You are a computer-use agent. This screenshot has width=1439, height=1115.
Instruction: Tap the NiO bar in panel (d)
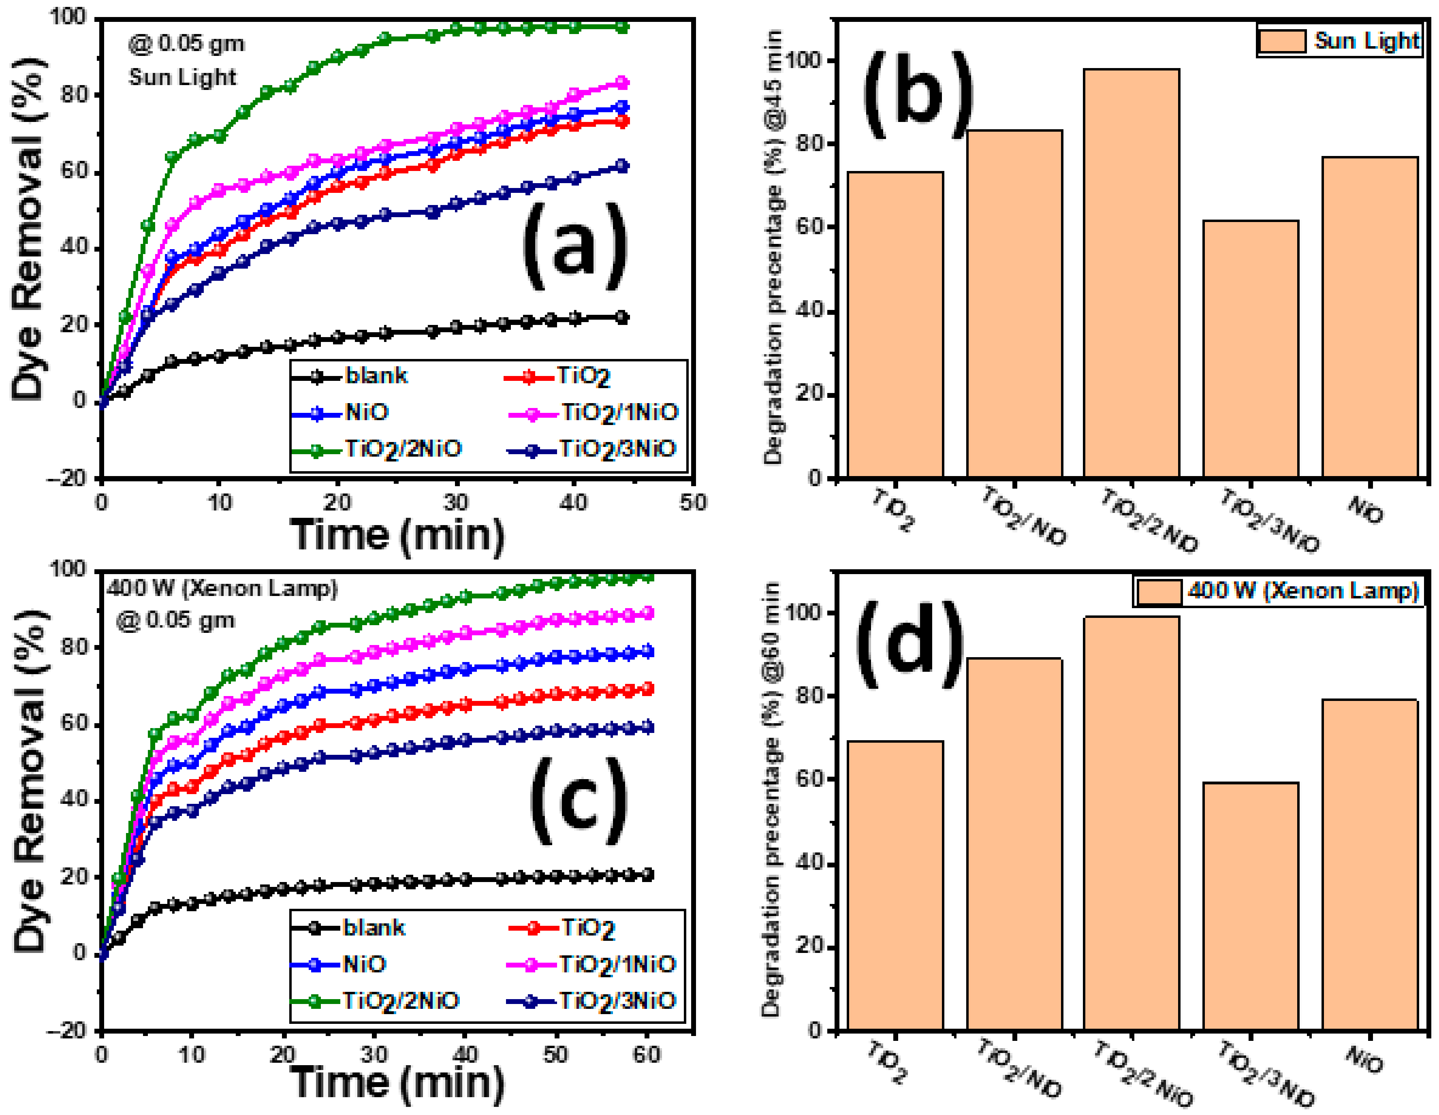(1369, 864)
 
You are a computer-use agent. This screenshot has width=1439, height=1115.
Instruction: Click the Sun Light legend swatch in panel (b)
(1281, 41)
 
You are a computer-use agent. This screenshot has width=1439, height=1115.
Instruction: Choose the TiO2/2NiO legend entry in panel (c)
(376, 1002)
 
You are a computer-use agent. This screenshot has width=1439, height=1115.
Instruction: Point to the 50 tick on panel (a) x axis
(692, 503)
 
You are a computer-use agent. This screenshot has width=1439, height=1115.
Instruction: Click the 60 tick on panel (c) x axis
(646, 1054)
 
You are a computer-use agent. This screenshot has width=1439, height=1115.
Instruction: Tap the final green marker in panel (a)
(621, 27)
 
